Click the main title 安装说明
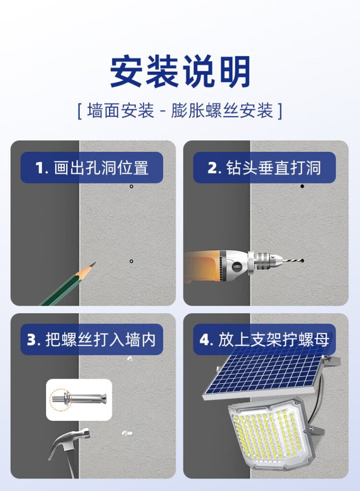pos(180,71)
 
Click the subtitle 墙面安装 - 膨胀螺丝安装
pos(180,110)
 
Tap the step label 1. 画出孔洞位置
pos(92,168)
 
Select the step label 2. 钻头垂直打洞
pos(264,168)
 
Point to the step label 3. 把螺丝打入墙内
pos(91,340)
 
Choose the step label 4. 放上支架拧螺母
pos(264,340)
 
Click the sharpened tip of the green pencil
pos(94,264)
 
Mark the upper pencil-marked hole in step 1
pos(132,186)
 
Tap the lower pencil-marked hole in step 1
pos(132,261)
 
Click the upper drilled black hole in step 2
pos(302,186)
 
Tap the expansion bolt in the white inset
pos(78,399)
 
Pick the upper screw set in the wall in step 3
pos(130,358)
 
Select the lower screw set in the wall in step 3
pos(127,433)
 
